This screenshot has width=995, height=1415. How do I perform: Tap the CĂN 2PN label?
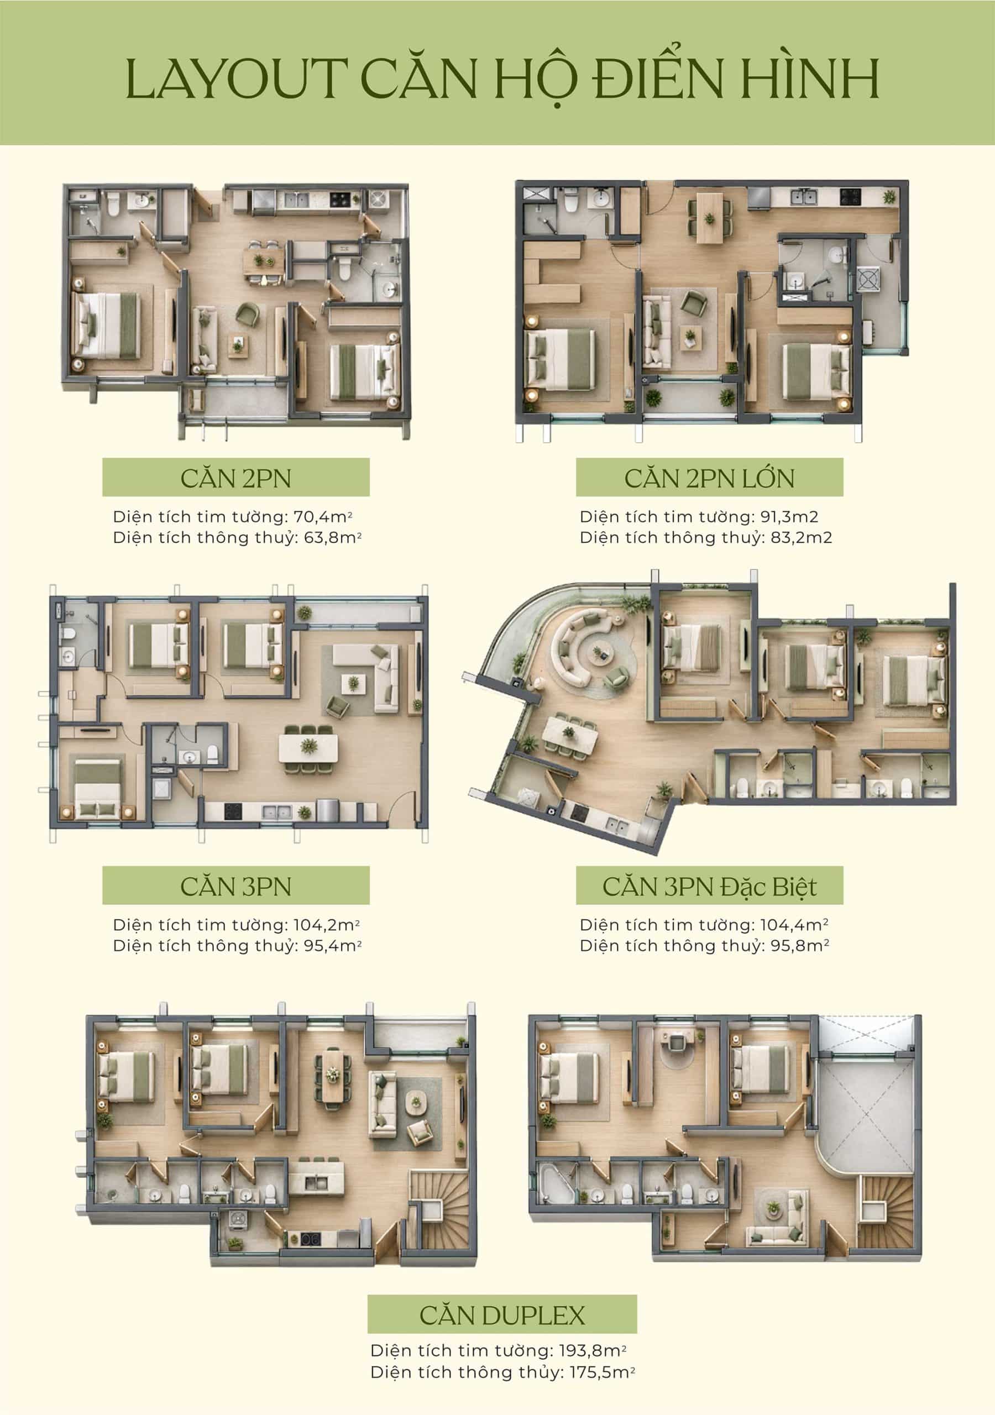(x=235, y=479)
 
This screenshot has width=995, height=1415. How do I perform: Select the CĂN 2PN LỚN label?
(x=709, y=479)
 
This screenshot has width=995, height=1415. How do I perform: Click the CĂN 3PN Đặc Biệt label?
(x=709, y=887)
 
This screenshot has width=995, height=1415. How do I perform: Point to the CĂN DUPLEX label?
(x=502, y=1315)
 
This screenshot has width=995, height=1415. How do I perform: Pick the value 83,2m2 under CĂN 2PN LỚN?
(x=801, y=537)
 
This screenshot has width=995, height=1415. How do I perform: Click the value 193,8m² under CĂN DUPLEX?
(x=592, y=1351)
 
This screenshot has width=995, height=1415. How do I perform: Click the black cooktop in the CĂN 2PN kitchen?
(x=339, y=199)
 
